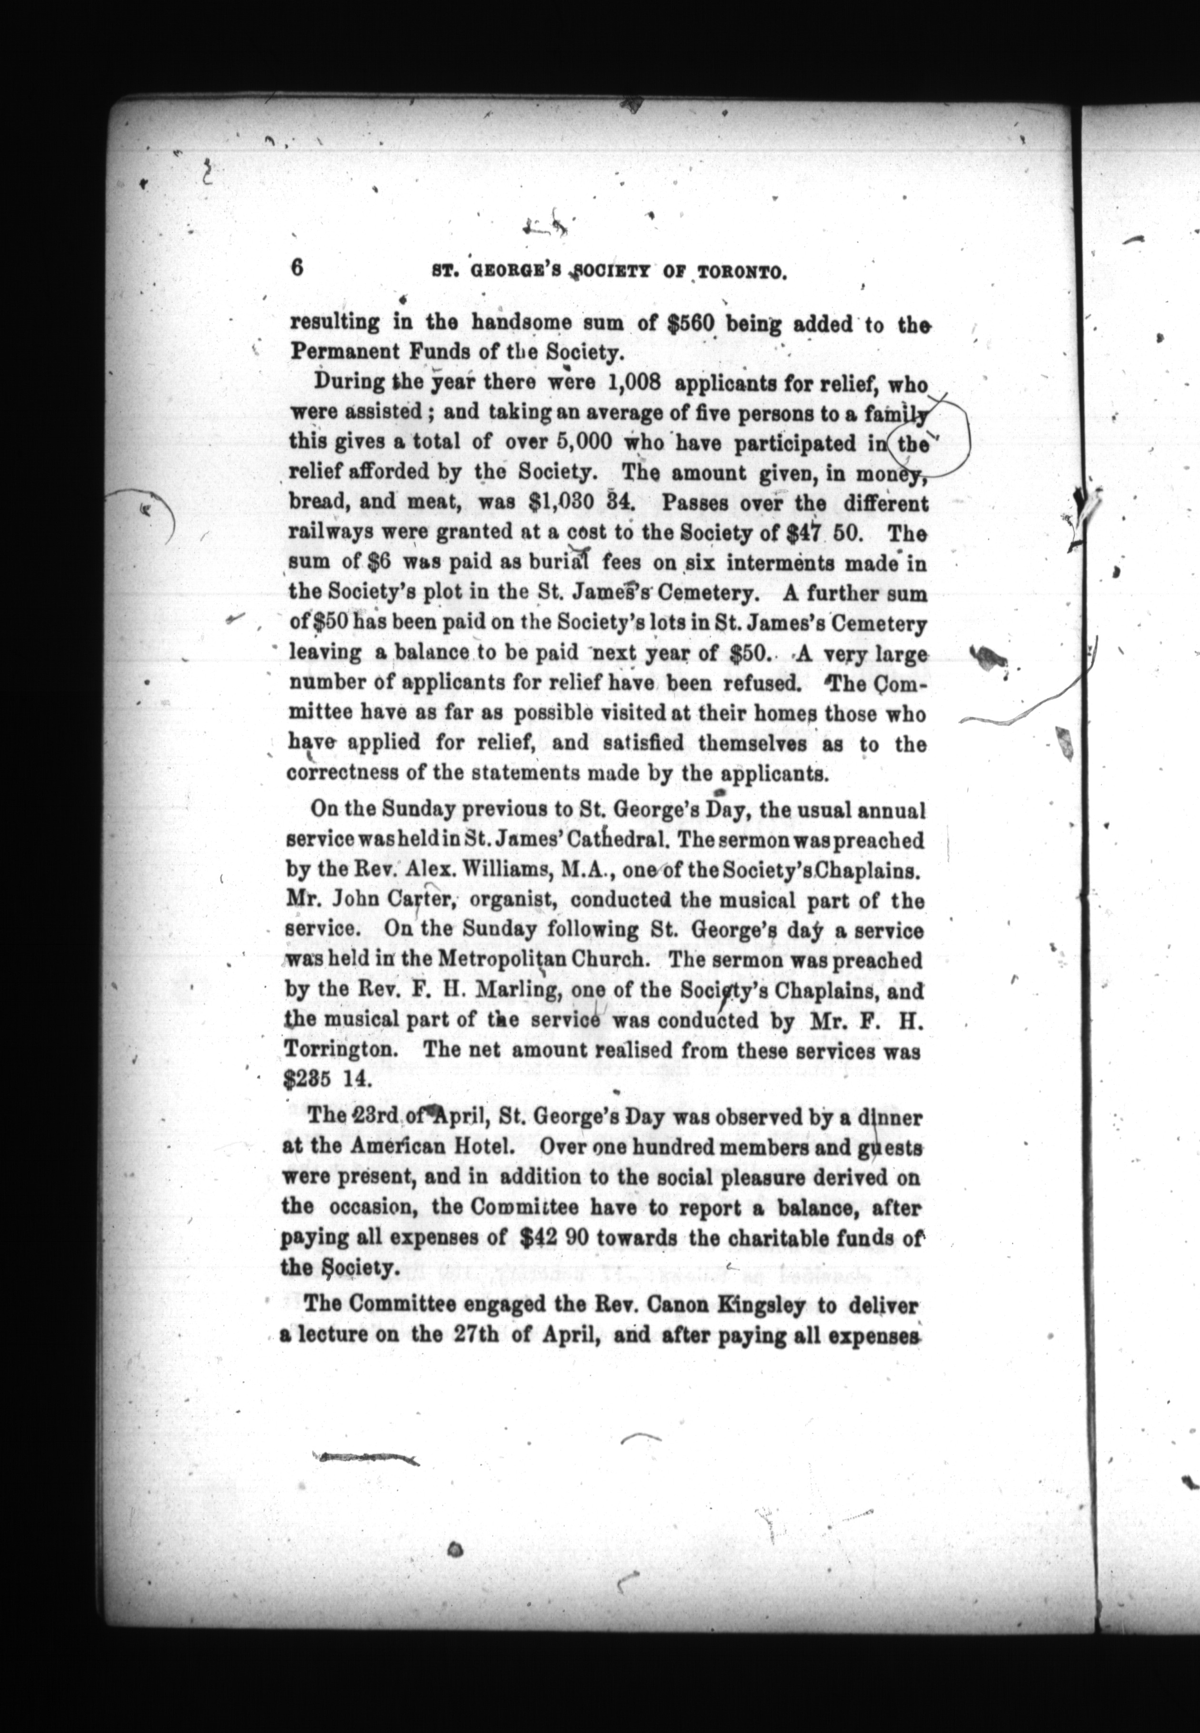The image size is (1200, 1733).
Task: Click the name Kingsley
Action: [x=761, y=1305]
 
